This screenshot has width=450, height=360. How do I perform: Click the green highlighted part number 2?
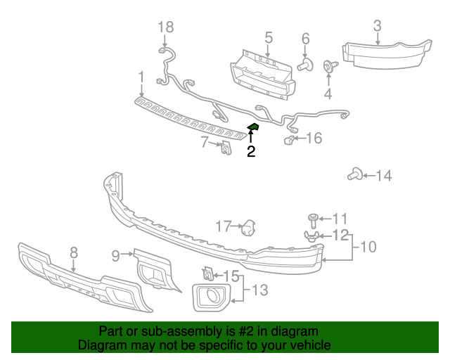pos(253,127)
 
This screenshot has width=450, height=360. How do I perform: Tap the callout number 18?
pos(165,27)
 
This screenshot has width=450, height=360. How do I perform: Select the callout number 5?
pos(268,37)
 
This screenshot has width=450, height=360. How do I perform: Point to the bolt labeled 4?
pos(328,67)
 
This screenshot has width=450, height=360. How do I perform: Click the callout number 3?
pos(377,26)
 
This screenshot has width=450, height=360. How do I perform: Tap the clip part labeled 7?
pos(226,149)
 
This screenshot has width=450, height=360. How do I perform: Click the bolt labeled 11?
pos(314,220)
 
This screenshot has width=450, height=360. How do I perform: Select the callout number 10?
pos(368,247)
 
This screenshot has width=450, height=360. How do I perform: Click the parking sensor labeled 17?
pos(247,227)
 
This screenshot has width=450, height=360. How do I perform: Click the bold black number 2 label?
pos(251,150)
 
